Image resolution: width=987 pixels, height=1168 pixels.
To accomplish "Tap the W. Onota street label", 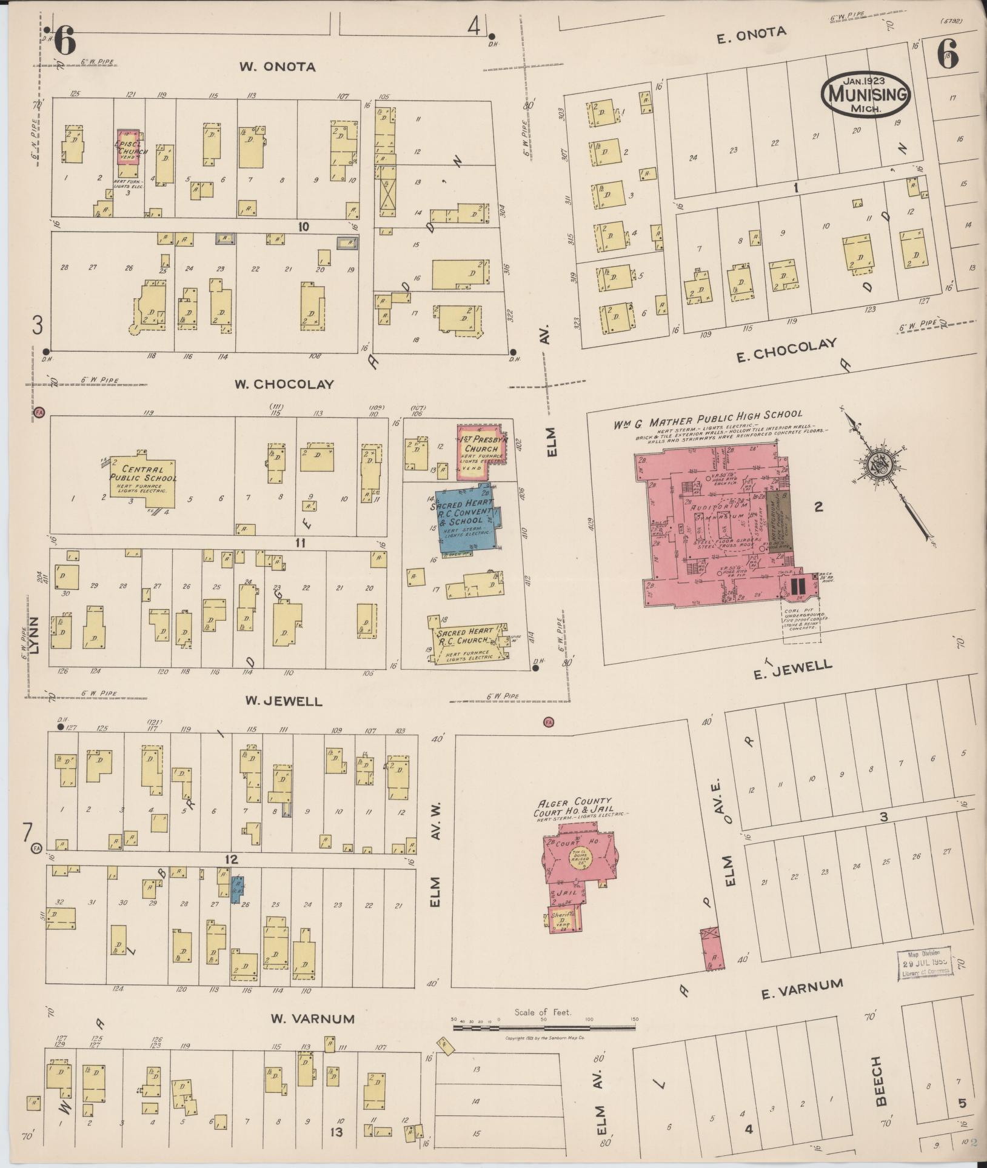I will (x=277, y=67).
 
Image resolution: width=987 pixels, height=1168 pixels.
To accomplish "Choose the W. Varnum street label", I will (x=312, y=1018).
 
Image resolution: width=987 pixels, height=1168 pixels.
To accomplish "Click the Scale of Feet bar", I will (x=544, y=1027).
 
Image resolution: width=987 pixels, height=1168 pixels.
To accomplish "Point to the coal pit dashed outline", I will (x=800, y=621).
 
